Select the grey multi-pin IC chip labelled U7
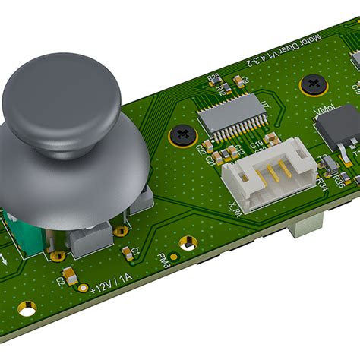click(232, 113)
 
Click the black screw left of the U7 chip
click(182, 135)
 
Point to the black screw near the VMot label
click(313, 84)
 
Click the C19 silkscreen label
click(256, 143)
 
